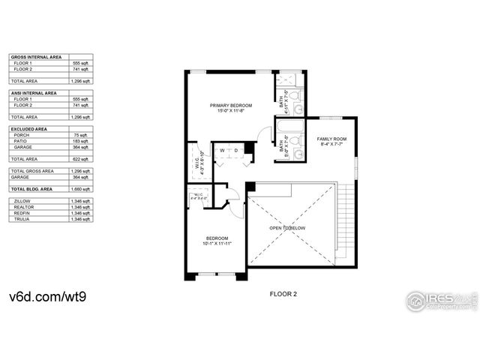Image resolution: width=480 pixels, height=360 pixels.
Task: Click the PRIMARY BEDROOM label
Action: click(230, 106)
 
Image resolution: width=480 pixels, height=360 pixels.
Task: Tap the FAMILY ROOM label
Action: click(331, 139)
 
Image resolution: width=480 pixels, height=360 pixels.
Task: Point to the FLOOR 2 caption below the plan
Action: click(283, 295)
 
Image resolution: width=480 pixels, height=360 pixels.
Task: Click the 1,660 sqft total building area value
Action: click(80, 190)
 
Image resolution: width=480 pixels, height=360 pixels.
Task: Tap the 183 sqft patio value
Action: click(80, 141)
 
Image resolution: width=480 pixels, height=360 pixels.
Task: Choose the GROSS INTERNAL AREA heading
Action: click(33, 57)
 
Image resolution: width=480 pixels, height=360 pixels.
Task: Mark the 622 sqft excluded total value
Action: click(81, 159)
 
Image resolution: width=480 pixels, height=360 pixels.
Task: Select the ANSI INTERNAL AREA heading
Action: click(33, 93)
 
